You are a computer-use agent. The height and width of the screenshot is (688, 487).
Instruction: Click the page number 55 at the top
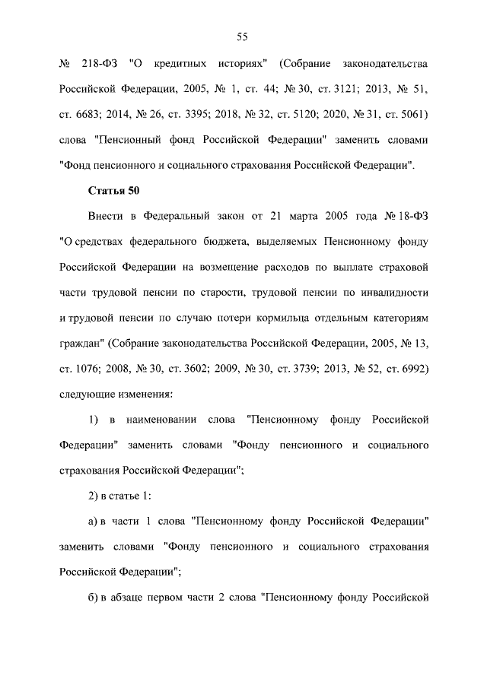click(243, 36)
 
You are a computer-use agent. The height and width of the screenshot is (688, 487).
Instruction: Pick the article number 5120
click(298, 115)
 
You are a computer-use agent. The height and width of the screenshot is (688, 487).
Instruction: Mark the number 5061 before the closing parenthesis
click(408, 115)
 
